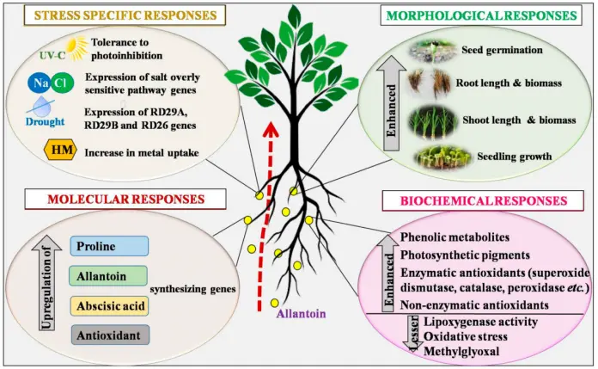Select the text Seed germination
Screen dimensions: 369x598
point(503,51)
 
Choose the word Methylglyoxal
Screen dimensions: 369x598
point(463,350)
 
